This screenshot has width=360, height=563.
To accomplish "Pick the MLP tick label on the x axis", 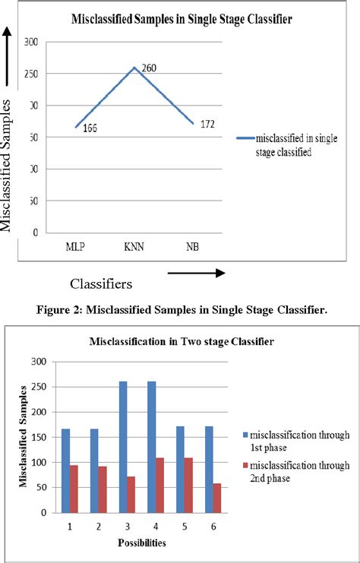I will pos(75,248).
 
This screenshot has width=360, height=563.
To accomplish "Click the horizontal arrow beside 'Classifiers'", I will pos(195,272).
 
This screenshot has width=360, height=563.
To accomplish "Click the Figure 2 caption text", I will pos(181,308).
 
